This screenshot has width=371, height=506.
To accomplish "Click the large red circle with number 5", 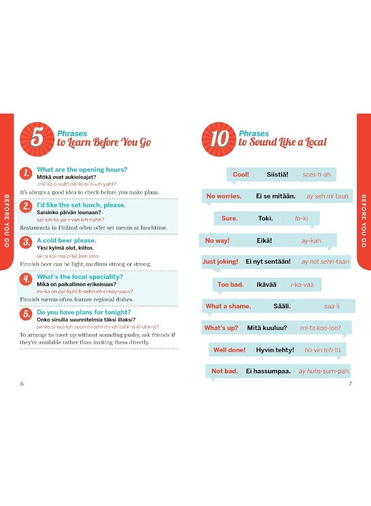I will click(x=37, y=139).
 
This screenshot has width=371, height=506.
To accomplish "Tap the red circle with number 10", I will click(x=218, y=139).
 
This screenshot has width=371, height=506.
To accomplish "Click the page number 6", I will click(x=22, y=383).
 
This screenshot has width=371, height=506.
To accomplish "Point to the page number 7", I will click(x=350, y=383).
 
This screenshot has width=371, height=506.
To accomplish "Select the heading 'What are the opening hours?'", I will click(x=82, y=170).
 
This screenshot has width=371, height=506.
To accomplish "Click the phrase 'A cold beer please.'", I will click(x=66, y=241).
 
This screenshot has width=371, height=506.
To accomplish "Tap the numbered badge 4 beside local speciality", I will click(x=26, y=279).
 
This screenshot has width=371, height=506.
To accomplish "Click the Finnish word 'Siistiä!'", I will click(x=277, y=175).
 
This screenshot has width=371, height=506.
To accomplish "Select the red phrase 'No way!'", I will click(x=217, y=241).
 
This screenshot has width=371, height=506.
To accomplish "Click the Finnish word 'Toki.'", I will click(x=265, y=219).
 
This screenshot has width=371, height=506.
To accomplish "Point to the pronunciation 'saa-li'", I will click(x=332, y=306).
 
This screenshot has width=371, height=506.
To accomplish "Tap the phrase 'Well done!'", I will click(x=229, y=350).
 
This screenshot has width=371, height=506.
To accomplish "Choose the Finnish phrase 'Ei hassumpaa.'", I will click(x=268, y=371).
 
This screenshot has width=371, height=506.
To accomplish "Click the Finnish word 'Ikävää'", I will click(x=266, y=285).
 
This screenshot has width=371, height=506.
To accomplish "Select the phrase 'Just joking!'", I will click(x=220, y=262).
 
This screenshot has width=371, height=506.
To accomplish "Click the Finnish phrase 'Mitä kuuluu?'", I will click(x=268, y=328).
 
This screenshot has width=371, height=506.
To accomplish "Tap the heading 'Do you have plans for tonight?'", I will click(x=84, y=312).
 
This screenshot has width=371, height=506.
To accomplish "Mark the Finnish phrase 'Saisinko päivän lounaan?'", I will click(x=69, y=213).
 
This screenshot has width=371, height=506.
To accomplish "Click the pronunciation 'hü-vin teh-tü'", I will click(x=323, y=350).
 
